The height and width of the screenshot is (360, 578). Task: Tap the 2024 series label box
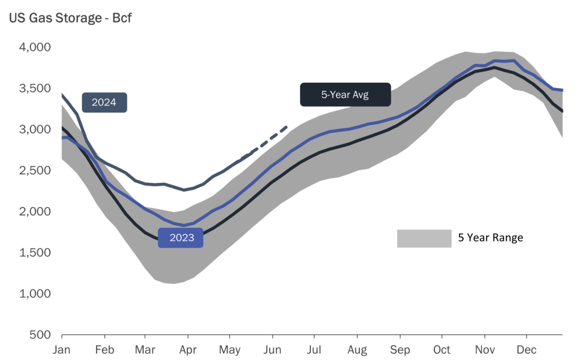pyautogui.click(x=104, y=103)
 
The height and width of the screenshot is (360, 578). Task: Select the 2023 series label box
pyautogui.click(x=181, y=238)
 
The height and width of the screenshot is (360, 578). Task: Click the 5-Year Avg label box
pyautogui.click(x=345, y=94)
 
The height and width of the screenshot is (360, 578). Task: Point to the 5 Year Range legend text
pyautogui.click(x=491, y=238)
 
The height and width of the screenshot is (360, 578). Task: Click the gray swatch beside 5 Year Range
pyautogui.click(x=424, y=238)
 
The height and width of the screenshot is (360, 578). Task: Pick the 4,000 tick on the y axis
pyautogui.click(x=35, y=47)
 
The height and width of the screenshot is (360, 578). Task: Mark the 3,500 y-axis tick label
pyautogui.click(x=35, y=89)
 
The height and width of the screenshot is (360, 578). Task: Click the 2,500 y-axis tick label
pyautogui.click(x=35, y=170)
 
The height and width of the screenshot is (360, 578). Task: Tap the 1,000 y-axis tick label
pyautogui.click(x=35, y=294)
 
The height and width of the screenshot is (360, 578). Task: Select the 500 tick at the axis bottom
pyautogui.click(x=41, y=335)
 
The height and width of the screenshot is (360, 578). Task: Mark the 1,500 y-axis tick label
pyautogui.click(x=35, y=253)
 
